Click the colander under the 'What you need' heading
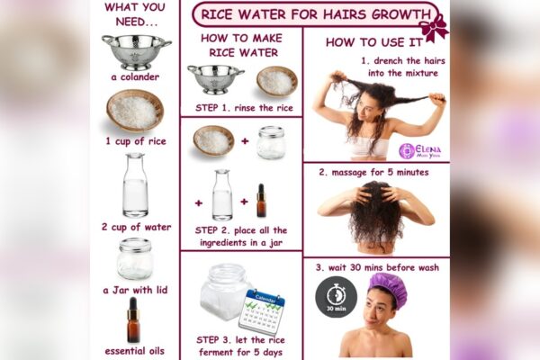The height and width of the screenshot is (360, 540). (x=137, y=52)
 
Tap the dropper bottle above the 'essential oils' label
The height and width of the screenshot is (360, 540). (x=133, y=320)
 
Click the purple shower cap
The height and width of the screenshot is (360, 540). (x=388, y=290)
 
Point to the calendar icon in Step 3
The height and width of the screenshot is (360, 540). (x=263, y=312)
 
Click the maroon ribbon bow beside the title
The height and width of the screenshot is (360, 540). (x=434, y=28)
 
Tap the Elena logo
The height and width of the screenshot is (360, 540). (x=419, y=151)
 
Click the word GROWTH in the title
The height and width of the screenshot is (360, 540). (x=401, y=14)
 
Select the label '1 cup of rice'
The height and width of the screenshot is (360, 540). (x=136, y=141)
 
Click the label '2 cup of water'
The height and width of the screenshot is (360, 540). (x=137, y=227)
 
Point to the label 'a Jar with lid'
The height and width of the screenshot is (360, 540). (x=135, y=290)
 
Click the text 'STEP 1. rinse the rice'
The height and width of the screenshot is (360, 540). (x=244, y=108)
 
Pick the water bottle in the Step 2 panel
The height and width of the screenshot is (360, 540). (x=222, y=194)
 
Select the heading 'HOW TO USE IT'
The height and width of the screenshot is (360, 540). (x=374, y=42)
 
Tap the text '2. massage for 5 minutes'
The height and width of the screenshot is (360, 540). (x=373, y=172)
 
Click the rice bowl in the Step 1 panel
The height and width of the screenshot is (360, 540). (x=277, y=81)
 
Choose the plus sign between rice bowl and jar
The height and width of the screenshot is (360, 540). (x=245, y=141)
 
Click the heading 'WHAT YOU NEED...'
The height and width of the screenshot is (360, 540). (x=135, y=14)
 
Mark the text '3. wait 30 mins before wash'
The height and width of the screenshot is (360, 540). (x=377, y=267)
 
